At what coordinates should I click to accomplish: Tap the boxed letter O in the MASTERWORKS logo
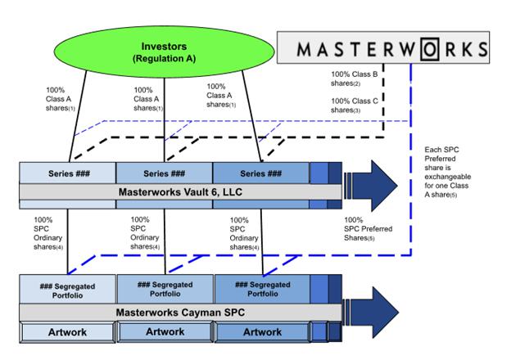[x=432, y=47]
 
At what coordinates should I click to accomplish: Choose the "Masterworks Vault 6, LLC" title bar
[x=180, y=191]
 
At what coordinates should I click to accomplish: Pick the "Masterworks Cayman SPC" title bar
[x=180, y=312]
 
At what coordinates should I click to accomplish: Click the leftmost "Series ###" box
[x=67, y=173]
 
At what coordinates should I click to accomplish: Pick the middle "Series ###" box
[x=164, y=173]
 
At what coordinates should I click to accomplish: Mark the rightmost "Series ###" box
[x=260, y=173]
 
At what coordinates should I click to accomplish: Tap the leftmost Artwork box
[x=68, y=332]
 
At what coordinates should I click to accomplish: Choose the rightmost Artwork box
[x=260, y=332]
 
